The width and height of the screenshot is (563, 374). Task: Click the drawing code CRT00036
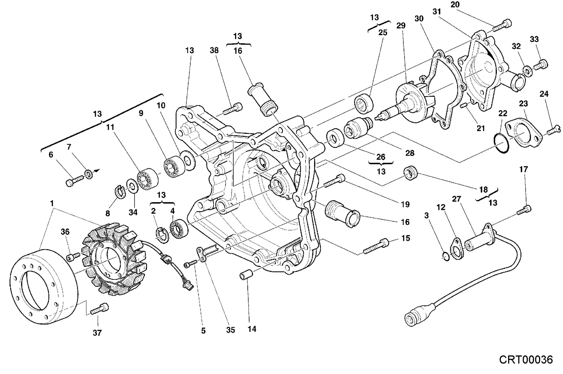[x=526, y=360]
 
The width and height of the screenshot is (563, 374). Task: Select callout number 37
[x=97, y=333]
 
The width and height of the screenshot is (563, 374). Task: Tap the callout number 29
[x=401, y=25]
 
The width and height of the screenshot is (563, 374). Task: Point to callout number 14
[x=252, y=329]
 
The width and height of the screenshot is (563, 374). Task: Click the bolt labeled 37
[x=100, y=309]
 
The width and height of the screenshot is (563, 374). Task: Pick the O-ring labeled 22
[x=501, y=143]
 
